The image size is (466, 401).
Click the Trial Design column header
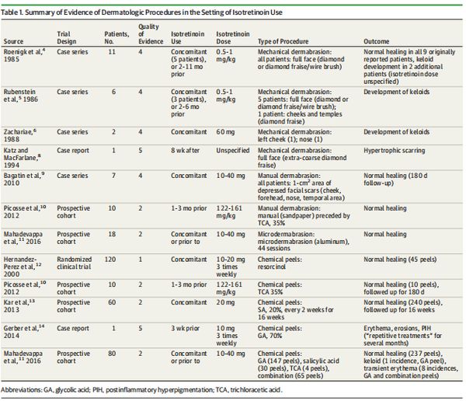click(x=67, y=37)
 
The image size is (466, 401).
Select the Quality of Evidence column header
click(x=151, y=34)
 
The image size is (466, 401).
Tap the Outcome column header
click(x=376, y=41)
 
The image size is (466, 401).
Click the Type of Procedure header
click(x=283, y=41)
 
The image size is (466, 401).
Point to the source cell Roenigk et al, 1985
click(x=24, y=55)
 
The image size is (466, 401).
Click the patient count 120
click(x=110, y=260)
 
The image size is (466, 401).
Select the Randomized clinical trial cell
click(x=74, y=263)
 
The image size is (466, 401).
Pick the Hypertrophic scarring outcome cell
click(x=394, y=151)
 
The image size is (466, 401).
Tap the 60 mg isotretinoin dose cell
click(x=225, y=132)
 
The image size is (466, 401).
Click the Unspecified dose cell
click(x=233, y=151)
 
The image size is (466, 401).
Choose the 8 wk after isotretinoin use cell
click(x=185, y=151)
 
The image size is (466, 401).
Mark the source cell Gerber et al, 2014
click(x=24, y=332)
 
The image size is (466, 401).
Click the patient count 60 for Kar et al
click(x=112, y=302)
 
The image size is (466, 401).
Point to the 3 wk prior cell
click(x=185, y=329)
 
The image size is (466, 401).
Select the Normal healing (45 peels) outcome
click(x=400, y=260)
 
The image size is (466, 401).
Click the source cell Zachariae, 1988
click(x=20, y=135)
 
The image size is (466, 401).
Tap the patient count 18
click(x=112, y=234)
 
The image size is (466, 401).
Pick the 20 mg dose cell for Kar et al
click(x=225, y=302)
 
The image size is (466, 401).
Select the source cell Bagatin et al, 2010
click(x=24, y=179)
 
